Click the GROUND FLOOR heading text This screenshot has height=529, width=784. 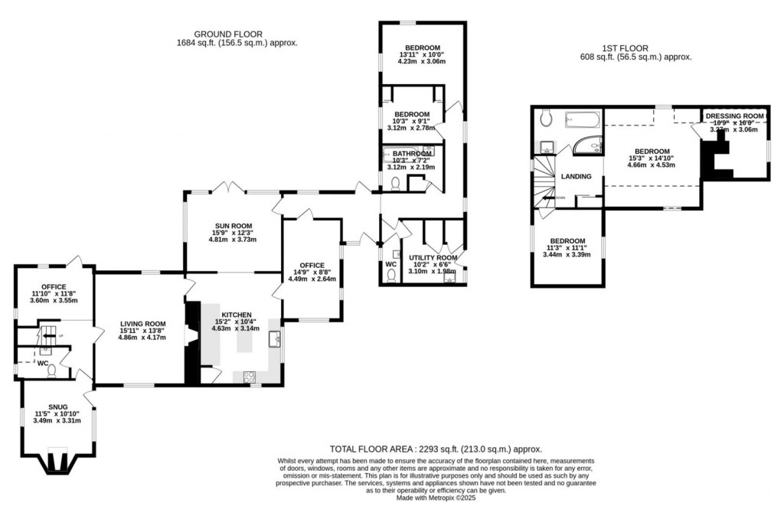(x=228, y=34)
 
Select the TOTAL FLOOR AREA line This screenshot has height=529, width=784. (x=436, y=449)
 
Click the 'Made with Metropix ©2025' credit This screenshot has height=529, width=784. (x=436, y=498)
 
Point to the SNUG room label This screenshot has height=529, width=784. (x=57, y=407)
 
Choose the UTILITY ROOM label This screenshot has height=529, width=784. (x=433, y=258)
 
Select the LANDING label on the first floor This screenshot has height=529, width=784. (x=577, y=177)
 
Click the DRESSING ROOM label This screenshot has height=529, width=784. (x=735, y=116)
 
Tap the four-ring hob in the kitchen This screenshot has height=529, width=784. (x=250, y=375)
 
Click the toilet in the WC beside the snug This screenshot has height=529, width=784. (x=52, y=371)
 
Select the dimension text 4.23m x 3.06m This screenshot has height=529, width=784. (x=423, y=61)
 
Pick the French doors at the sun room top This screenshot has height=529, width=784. (x=224, y=188)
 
